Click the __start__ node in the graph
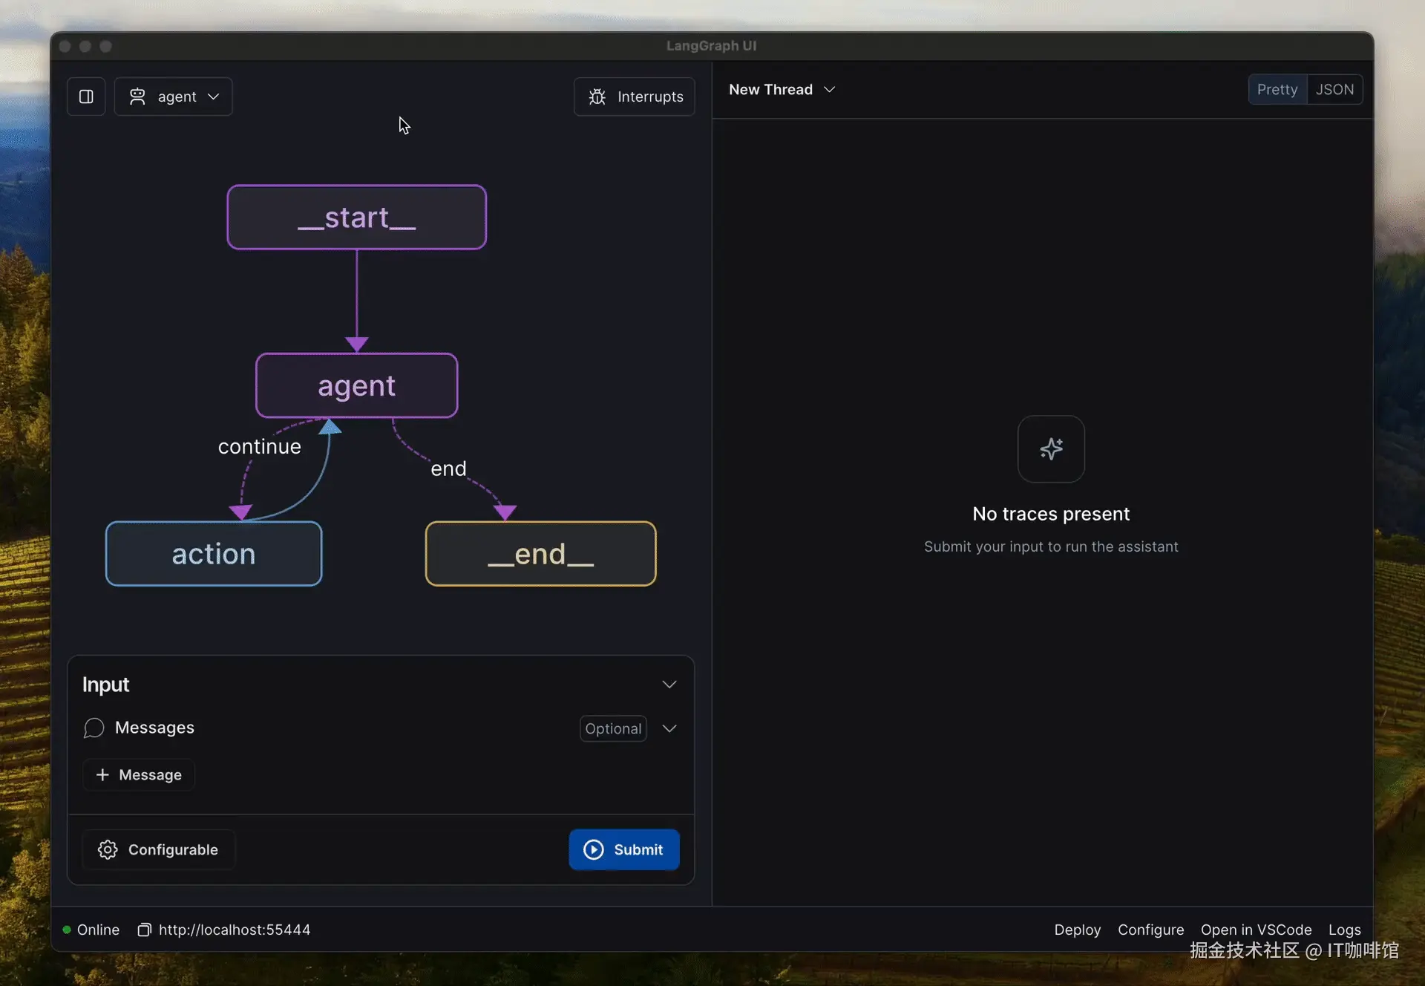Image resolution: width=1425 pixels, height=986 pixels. pyautogui.click(x=357, y=217)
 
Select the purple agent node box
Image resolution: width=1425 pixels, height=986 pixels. pyautogui.click(x=357, y=385)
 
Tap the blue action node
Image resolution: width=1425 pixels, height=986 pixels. pyautogui.click(x=214, y=554)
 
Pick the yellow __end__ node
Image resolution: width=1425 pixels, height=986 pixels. pyautogui.click(x=540, y=554)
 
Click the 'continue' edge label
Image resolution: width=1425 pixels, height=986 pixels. pyautogui.click(x=260, y=446)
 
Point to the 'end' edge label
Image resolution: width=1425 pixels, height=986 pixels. pyautogui.click(x=448, y=468)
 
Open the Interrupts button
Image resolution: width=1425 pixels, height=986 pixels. pyautogui.click(x=635, y=97)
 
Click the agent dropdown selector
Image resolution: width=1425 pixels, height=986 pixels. pyautogui.click(x=174, y=97)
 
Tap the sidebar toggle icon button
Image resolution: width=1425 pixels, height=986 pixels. pyautogui.click(x=86, y=97)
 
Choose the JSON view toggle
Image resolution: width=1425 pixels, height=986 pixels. pyautogui.click(x=1334, y=89)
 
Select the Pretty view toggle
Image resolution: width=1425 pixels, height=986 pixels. pyautogui.click(x=1277, y=89)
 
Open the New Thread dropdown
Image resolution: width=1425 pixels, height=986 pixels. pyautogui.click(x=782, y=89)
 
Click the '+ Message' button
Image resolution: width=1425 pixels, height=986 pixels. pyautogui.click(x=139, y=774)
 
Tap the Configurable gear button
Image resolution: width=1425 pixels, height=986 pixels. pyautogui.click(x=158, y=849)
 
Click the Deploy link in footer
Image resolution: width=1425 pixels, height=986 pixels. pyautogui.click(x=1077, y=930)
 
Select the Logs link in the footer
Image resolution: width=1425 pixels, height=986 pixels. pyautogui.click(x=1344, y=930)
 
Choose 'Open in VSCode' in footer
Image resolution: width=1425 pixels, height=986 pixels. pyautogui.click(x=1256, y=930)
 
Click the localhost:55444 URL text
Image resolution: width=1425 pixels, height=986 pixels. pyautogui.click(x=235, y=930)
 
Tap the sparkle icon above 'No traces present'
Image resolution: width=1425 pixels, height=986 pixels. pyautogui.click(x=1051, y=448)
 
